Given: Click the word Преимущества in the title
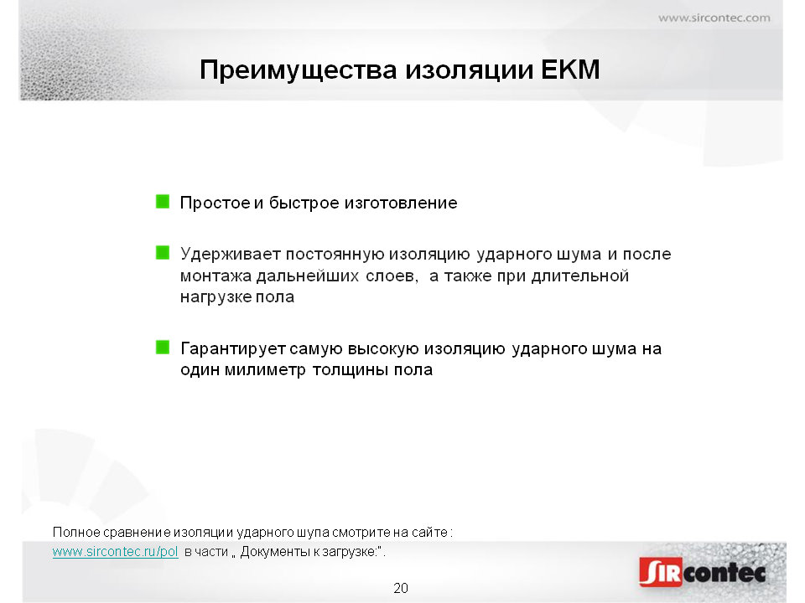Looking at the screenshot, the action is [299, 70].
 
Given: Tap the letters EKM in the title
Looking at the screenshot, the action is [570, 70].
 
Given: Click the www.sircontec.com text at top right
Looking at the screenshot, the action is [714, 18].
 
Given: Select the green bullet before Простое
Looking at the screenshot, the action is [162, 202].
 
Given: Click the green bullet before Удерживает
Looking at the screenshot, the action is [162, 253].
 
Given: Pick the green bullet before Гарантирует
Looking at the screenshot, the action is [162, 347].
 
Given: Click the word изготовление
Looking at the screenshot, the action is [401, 203].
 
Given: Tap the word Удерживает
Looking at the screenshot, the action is [230, 255].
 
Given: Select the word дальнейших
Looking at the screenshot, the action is [308, 276].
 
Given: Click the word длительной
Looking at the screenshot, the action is [580, 276].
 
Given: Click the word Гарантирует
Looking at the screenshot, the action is [232, 348].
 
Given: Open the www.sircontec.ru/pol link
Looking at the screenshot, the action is [116, 552].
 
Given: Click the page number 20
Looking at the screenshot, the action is [401, 588].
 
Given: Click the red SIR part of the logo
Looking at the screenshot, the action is [661, 572].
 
